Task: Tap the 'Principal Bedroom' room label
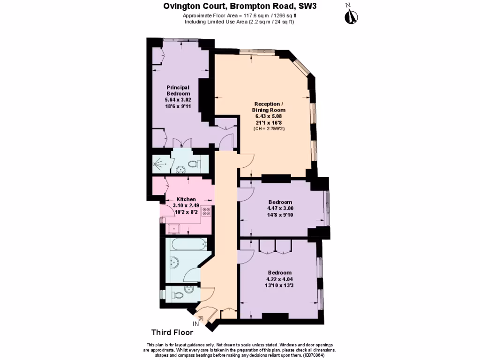178,90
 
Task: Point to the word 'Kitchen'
186,199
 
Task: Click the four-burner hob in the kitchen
207,212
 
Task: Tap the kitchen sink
176,228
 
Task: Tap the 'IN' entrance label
195,323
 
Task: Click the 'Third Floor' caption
172,333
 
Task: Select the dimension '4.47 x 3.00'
280,209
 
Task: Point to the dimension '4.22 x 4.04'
280,279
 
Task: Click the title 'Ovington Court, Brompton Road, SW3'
240,6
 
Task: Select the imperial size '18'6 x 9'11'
178,107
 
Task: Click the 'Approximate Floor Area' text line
240,15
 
